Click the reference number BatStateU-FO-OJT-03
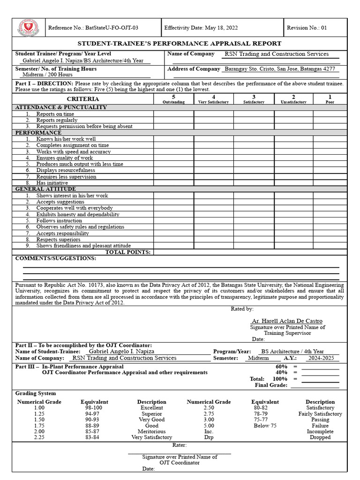coord(93,28)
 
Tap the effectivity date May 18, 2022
coord(201,28)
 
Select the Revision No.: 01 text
coord(307,28)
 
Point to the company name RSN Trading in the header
coord(277,54)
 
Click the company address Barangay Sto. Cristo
coord(280,69)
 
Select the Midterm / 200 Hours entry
coord(47,75)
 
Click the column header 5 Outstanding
coord(173,99)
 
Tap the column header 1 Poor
coord(330,99)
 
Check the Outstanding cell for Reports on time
coord(173,114)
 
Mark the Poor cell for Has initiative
coord(330,183)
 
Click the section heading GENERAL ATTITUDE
coord(45,189)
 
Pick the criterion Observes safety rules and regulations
coord(80,227)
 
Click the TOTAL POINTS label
coord(127,252)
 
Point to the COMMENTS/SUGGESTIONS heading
coord(56,258)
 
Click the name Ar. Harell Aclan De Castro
coord(287,321)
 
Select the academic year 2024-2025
coord(322,358)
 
